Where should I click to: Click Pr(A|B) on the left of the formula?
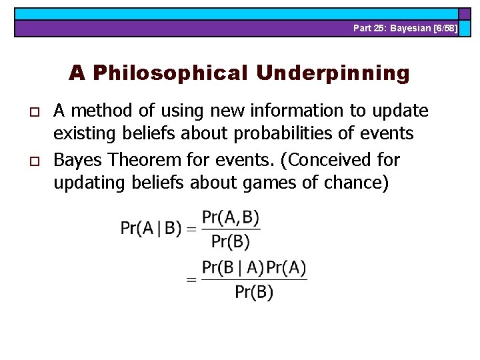pyautogui.click(x=151, y=228)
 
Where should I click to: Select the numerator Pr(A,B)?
pyautogui.click(x=231, y=217)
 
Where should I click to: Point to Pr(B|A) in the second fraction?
pyautogui.click(x=233, y=268)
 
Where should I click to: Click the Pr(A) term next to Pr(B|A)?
pyautogui.click(x=287, y=268)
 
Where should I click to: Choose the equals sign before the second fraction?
pyautogui.click(x=191, y=280)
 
